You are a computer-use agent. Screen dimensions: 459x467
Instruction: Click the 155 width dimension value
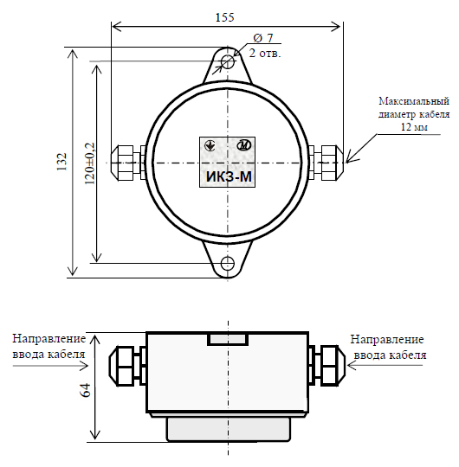click(225, 17)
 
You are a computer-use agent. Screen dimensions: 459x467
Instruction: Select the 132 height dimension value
click(62, 162)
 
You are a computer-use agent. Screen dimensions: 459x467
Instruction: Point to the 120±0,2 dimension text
click(90, 163)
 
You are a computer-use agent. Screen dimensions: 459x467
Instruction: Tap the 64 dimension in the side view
click(85, 390)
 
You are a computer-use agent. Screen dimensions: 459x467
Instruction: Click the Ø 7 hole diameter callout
click(263, 38)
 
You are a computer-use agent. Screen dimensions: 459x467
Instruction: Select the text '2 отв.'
click(265, 54)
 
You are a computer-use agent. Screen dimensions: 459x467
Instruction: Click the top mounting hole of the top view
click(228, 61)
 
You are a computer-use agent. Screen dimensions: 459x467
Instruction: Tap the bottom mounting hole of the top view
click(228, 264)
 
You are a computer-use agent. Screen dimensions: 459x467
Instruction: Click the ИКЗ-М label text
click(229, 177)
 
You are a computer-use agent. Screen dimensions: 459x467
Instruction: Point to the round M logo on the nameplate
click(244, 145)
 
